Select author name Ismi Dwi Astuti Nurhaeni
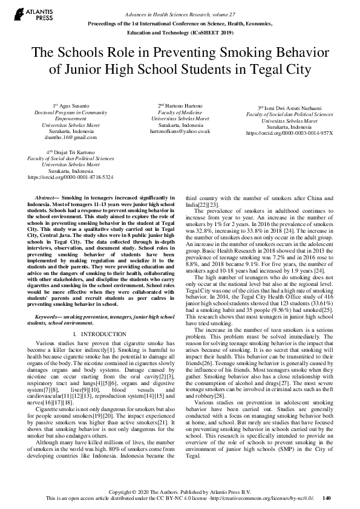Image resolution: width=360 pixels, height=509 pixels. tap(284, 107)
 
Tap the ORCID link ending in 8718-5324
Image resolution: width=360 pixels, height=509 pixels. tap(71, 177)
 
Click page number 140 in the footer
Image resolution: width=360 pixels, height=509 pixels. tap(327, 498)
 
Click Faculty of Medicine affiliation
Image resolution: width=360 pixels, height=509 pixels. tap(180, 112)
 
